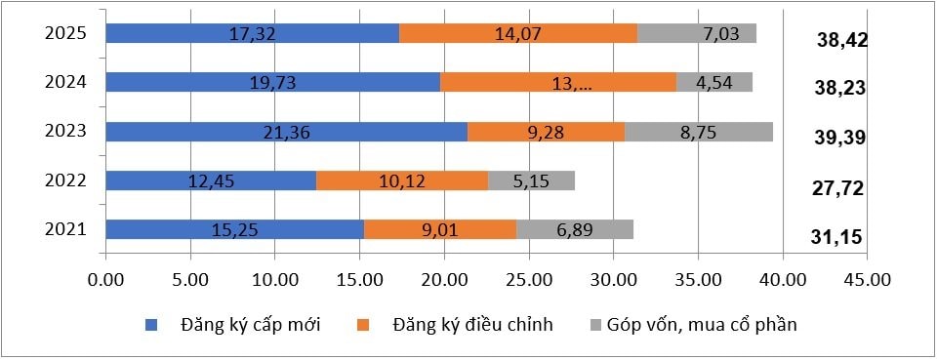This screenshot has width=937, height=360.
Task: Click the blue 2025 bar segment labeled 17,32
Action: pyautogui.click(x=252, y=33)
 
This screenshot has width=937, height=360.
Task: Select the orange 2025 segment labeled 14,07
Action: pyautogui.click(x=518, y=33)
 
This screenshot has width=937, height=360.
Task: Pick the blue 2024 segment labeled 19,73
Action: pyautogui.click(x=272, y=82)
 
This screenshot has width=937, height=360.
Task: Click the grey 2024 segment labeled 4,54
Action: pyautogui.click(x=714, y=82)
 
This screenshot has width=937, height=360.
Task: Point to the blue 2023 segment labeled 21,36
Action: pyautogui.click(x=286, y=132)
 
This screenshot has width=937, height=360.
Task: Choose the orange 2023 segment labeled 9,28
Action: pyautogui.click(x=546, y=132)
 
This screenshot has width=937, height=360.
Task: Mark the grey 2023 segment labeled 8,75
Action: pyautogui.click(x=699, y=132)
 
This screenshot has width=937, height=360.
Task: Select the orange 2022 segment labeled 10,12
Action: pyautogui.click(x=402, y=180)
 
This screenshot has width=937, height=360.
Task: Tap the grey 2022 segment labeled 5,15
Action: pyautogui.click(x=531, y=180)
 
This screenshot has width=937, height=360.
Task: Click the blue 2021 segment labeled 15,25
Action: pyautogui.click(x=234, y=229)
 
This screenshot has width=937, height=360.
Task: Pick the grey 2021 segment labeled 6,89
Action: pyautogui.click(x=575, y=229)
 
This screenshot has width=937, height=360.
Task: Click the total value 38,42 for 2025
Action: pyautogui.click(x=841, y=40)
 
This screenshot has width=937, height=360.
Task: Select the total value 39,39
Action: pyautogui.click(x=841, y=138)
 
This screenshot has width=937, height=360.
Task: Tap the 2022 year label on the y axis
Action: pyautogui.click(x=66, y=180)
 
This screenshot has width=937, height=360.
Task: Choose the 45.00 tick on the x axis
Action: pyautogui.click(x=868, y=279)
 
